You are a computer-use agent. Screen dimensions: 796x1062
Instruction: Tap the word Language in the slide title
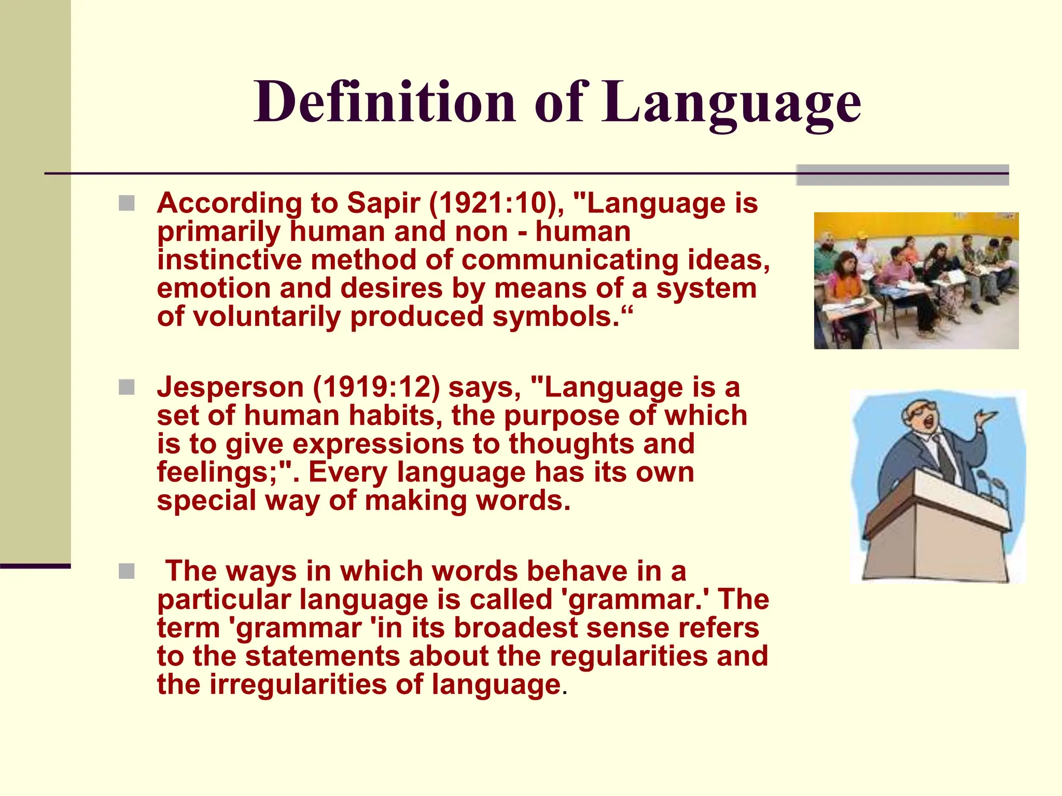tap(731, 104)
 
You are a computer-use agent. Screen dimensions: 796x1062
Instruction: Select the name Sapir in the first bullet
tap(383, 203)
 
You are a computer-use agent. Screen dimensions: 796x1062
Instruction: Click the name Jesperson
tap(230, 388)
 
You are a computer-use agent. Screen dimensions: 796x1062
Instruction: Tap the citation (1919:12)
tap(376, 388)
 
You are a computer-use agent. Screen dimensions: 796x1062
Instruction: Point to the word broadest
tap(516, 628)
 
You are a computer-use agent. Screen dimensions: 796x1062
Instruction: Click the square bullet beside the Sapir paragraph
tap(127, 203)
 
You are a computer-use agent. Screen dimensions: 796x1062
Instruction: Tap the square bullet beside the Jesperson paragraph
tap(127, 387)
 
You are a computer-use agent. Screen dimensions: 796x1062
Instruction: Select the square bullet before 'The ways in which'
tap(127, 571)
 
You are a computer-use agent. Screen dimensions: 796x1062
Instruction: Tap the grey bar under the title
tap(902, 175)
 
